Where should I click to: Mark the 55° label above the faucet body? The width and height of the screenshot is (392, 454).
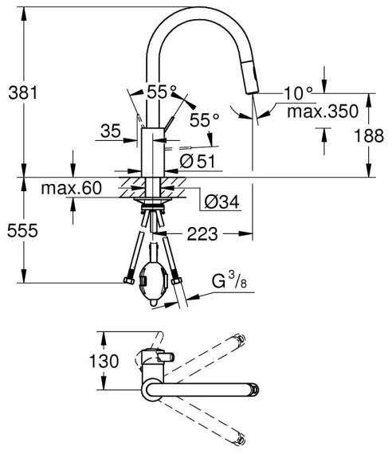pyautogui.click(x=162, y=92)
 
